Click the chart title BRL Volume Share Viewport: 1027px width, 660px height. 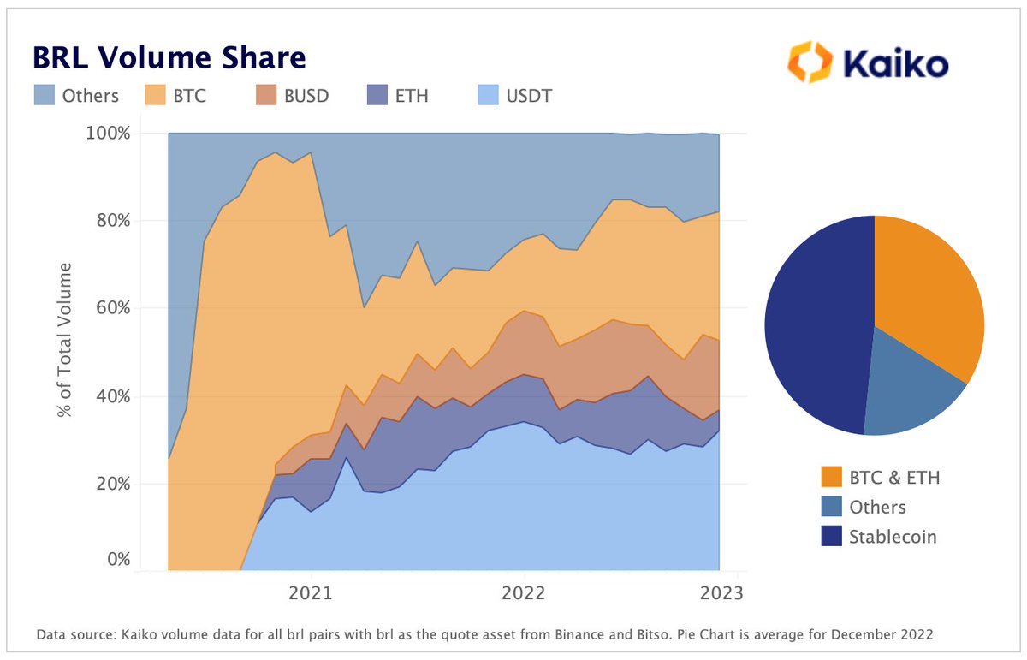pyautogui.click(x=169, y=57)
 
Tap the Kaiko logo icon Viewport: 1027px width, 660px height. pyautogui.click(x=810, y=62)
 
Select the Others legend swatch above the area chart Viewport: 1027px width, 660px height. pyautogui.click(x=45, y=95)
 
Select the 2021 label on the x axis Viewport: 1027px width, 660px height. pyautogui.click(x=310, y=593)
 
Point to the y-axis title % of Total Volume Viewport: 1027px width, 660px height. pyautogui.click(x=65, y=341)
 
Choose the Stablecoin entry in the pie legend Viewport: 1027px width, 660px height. pyautogui.click(x=893, y=537)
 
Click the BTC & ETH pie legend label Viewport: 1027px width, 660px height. pyautogui.click(x=894, y=477)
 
